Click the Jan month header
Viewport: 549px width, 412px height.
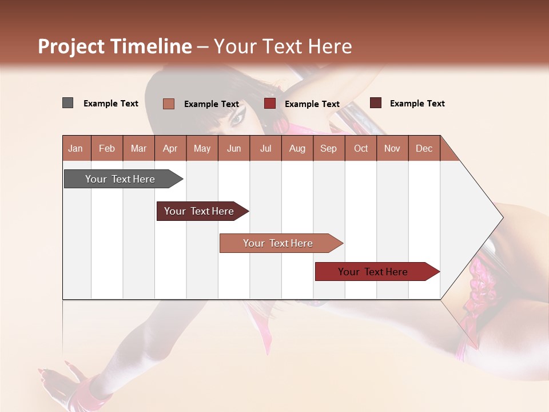coord(75,148)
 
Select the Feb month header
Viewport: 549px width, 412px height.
coord(107,148)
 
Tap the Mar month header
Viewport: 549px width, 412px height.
coord(138,148)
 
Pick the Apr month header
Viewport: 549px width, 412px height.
coord(170,148)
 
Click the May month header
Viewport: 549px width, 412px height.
coord(202,148)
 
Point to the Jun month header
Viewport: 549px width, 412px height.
coord(234,148)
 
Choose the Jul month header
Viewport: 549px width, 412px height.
coord(265,148)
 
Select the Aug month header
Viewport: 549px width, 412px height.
coord(297,148)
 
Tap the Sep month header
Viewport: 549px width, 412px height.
coord(328,148)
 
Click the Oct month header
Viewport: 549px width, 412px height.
coord(361,148)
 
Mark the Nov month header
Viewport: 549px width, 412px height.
coord(392,148)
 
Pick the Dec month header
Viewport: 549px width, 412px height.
coord(424,148)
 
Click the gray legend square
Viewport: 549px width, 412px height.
coord(68,103)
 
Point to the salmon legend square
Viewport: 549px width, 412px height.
coord(169,104)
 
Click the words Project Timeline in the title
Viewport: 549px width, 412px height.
coord(115,46)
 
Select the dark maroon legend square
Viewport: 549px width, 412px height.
coord(376,103)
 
